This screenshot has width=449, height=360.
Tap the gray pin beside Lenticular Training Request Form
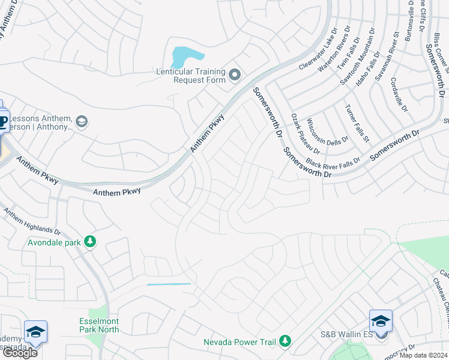click(235, 76)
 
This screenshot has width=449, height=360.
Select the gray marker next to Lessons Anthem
click(82, 122)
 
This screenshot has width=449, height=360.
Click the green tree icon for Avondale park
click(90, 242)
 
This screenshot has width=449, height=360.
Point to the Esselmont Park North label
click(99, 325)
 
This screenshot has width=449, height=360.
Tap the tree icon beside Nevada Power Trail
click(285, 341)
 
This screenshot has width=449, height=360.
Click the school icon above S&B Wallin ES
click(381, 321)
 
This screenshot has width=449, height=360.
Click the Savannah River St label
click(387, 57)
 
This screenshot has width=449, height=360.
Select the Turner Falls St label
click(356, 123)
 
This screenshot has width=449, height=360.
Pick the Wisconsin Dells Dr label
click(328, 133)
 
